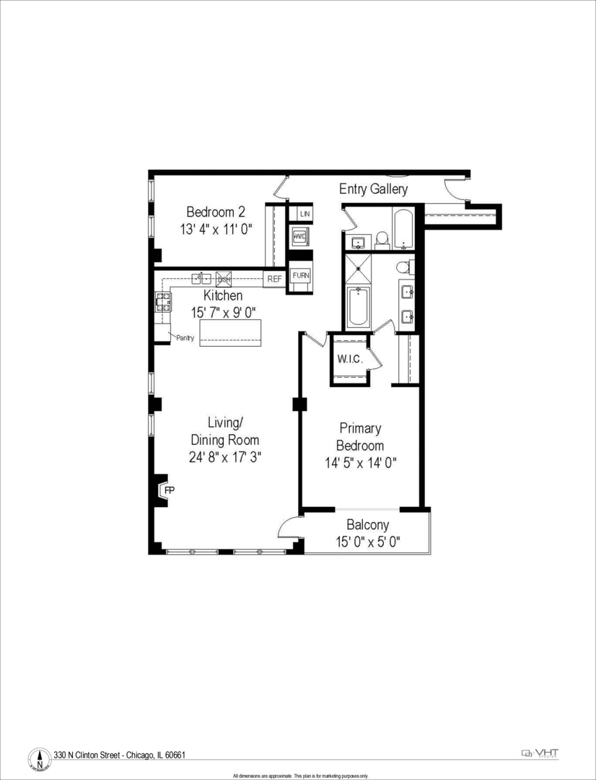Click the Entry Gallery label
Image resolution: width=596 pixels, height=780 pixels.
[374, 189]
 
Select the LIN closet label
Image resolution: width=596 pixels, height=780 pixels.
[304, 214]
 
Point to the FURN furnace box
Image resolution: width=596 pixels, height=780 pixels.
[300, 275]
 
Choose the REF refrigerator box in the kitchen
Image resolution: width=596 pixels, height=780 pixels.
[274, 278]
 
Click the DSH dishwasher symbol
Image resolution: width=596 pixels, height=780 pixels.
[223, 278]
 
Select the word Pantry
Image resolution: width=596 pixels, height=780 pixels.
[185, 337]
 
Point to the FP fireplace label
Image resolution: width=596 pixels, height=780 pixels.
[170, 490]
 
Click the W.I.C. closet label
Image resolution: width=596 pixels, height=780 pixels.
[349, 358]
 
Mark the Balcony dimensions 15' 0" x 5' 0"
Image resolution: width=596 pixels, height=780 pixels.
[367, 542]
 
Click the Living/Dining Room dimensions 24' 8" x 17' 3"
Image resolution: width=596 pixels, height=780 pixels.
[224, 456]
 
